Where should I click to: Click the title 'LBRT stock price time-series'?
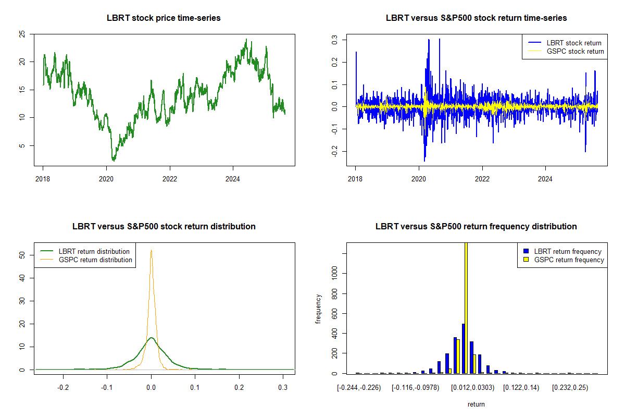[164, 18]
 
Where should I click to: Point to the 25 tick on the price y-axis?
[22, 34]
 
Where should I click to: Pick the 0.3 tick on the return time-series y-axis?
[334, 39]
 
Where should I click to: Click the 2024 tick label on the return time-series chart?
[545, 178]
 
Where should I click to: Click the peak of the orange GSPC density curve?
[151, 250]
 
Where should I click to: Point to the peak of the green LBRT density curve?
[151, 338]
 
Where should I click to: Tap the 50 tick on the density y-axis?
[22, 255]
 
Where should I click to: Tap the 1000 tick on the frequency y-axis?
[334, 273]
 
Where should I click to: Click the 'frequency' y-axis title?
[318, 309]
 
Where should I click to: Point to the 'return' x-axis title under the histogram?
[476, 404]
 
